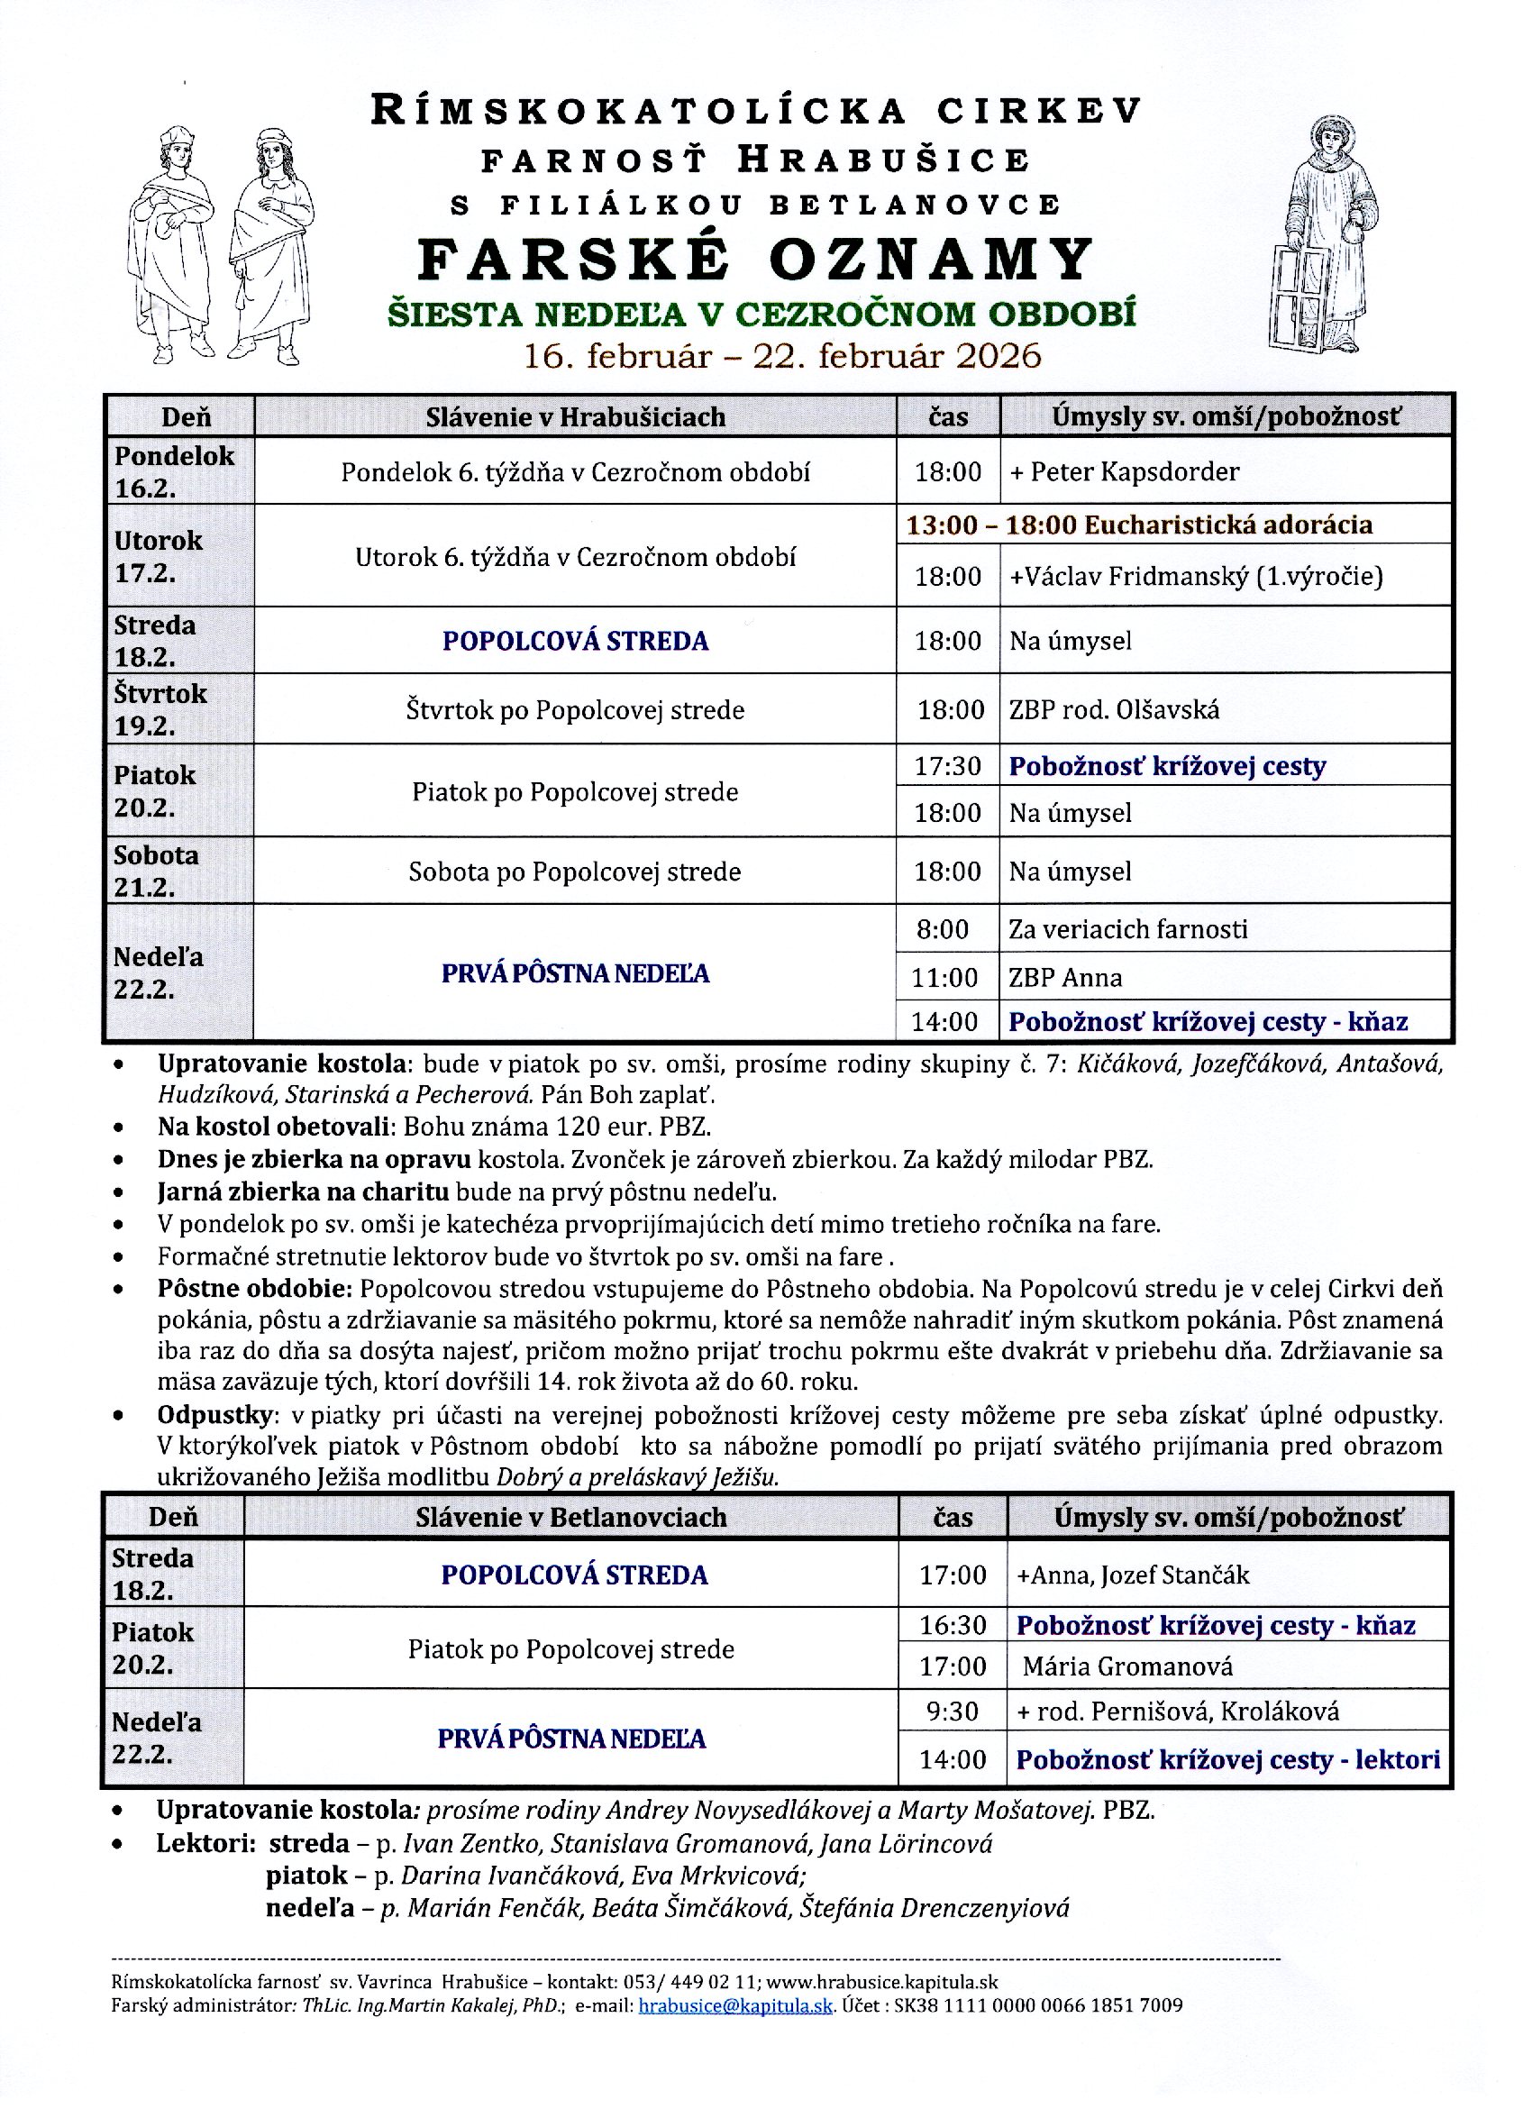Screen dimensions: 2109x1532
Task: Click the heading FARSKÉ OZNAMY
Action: (x=755, y=260)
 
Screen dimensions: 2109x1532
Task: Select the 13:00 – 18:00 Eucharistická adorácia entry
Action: (x=1139, y=525)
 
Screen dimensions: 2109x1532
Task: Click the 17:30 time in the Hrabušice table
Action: (x=947, y=766)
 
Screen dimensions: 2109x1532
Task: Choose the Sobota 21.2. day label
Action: (x=156, y=872)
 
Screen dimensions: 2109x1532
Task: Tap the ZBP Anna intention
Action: (x=1065, y=978)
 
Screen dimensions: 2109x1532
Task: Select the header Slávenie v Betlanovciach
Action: (x=570, y=1518)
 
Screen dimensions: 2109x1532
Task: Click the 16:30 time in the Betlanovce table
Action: (x=952, y=1625)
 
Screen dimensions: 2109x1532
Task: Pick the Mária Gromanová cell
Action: (x=1126, y=1666)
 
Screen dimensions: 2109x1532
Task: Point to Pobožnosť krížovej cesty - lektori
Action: (x=1228, y=1759)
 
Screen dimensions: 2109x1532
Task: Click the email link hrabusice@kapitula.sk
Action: (x=735, y=2005)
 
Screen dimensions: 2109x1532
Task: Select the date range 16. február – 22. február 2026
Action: (x=782, y=356)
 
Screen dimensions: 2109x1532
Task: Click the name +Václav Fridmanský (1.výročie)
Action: (x=1197, y=577)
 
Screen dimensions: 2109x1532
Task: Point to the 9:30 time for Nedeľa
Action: (x=952, y=1711)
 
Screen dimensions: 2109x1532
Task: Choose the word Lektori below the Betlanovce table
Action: (x=205, y=1843)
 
